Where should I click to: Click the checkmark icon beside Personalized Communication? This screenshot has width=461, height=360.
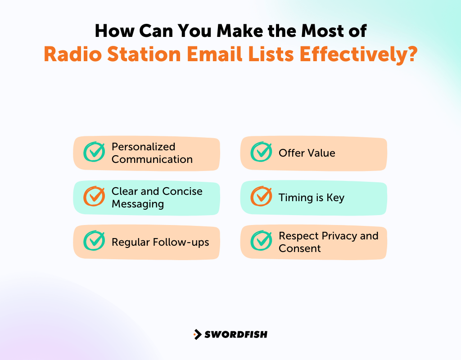(x=94, y=152)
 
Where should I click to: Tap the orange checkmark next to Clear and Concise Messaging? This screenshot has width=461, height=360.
(x=94, y=197)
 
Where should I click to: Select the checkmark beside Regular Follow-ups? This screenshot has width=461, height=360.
(x=94, y=241)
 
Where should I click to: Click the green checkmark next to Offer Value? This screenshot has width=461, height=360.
(x=261, y=152)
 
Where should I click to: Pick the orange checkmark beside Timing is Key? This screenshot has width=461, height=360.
(x=261, y=197)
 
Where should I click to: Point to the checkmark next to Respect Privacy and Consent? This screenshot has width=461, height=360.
(x=261, y=241)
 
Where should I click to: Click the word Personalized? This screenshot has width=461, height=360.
(x=143, y=147)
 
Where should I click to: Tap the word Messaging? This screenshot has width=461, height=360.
(x=137, y=204)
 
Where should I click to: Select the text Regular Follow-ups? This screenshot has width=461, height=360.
(x=160, y=242)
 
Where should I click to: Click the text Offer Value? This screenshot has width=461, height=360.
(x=307, y=153)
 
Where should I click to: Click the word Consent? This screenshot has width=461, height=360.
(x=299, y=248)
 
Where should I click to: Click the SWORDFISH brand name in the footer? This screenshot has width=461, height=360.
(x=236, y=334)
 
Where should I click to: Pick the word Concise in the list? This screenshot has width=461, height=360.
(x=182, y=191)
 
